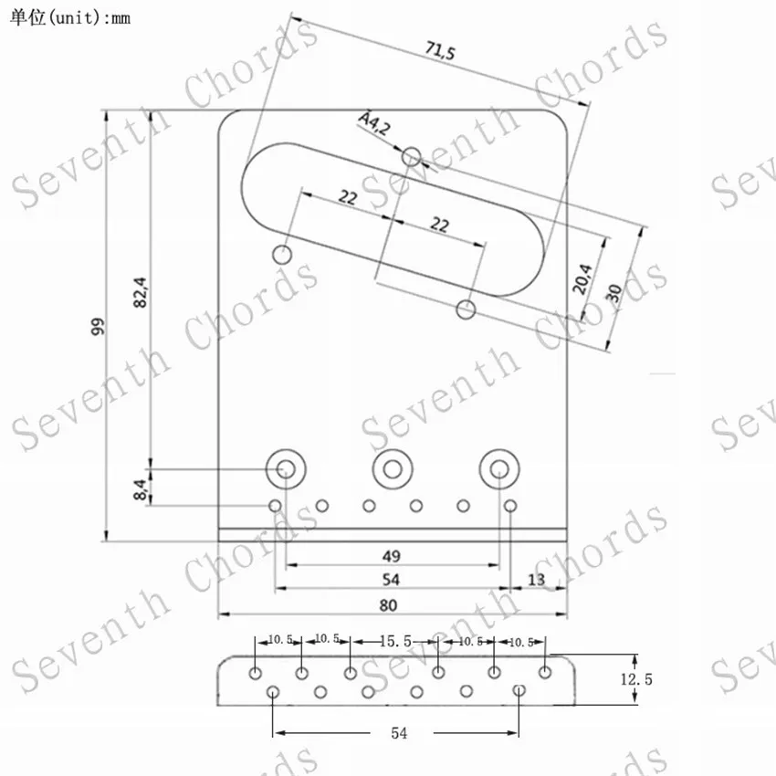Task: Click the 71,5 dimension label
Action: (440, 50)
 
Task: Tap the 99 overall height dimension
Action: (98, 327)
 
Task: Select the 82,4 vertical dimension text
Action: (141, 292)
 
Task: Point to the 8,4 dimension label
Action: (141, 489)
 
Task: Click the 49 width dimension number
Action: (391, 556)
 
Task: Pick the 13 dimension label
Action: (537, 580)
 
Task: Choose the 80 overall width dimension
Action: (389, 605)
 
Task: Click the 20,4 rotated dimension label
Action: (582, 278)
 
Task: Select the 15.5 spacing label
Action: (395, 642)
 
